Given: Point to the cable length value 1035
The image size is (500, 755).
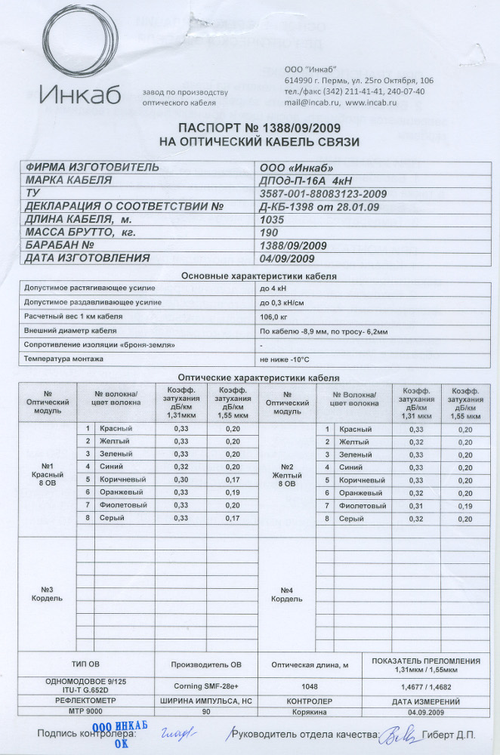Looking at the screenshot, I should (270, 219).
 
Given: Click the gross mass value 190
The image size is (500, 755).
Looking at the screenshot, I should (267, 232).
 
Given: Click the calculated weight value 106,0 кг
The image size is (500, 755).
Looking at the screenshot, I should (274, 316).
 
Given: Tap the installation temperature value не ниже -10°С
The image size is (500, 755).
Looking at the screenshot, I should (285, 359).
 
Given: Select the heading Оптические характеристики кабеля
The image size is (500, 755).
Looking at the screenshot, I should (258, 377).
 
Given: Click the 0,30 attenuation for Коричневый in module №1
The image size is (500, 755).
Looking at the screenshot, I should (181, 479).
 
